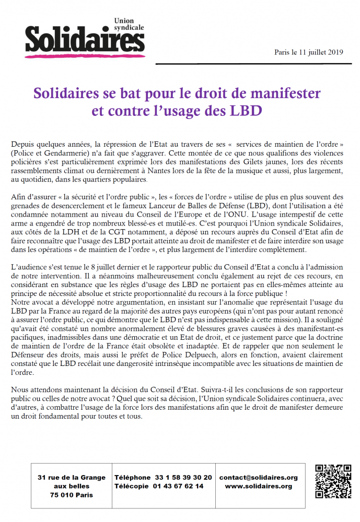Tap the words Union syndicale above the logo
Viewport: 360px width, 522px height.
tap(127, 24)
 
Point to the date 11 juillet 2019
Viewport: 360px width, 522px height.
tap(317, 52)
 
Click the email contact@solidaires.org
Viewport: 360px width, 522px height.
tap(258, 478)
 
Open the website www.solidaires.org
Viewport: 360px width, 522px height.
tap(258, 486)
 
